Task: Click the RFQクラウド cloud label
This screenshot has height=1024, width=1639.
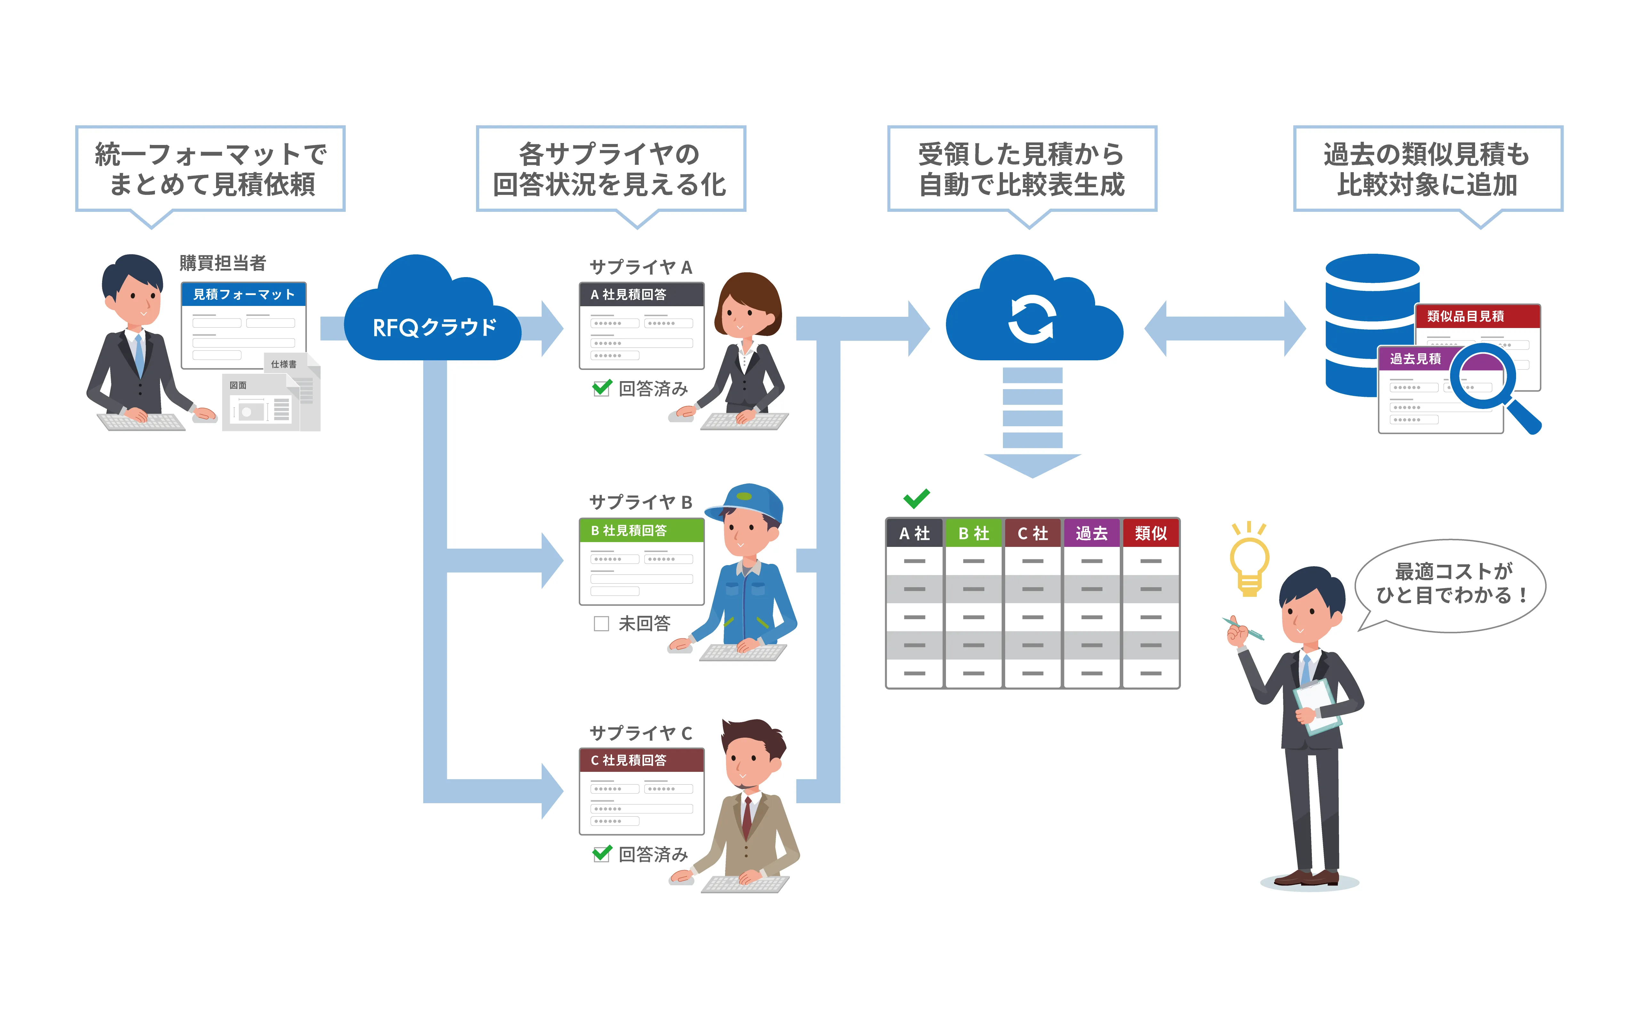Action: (434, 328)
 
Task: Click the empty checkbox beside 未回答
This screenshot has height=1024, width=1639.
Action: (601, 623)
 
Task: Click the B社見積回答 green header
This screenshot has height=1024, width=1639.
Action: (641, 530)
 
